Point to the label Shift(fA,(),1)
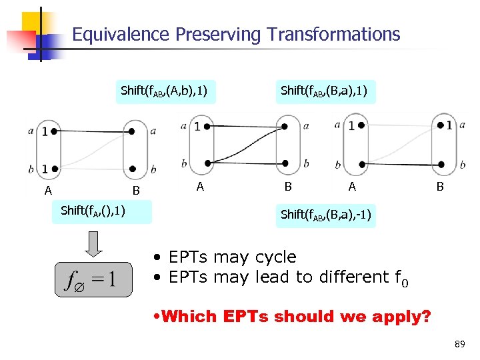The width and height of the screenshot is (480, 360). [93, 211]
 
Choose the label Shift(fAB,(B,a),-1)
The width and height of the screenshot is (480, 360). [326, 215]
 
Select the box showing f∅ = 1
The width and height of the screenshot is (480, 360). [93, 279]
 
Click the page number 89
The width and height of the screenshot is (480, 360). [459, 344]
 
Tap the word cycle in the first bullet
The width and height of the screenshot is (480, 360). [271, 257]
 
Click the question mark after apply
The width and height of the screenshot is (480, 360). [427, 316]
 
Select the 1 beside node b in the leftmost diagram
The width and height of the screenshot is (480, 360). [45, 168]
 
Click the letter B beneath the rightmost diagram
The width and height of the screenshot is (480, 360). [439, 187]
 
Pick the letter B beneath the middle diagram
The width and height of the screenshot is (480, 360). [288, 187]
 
